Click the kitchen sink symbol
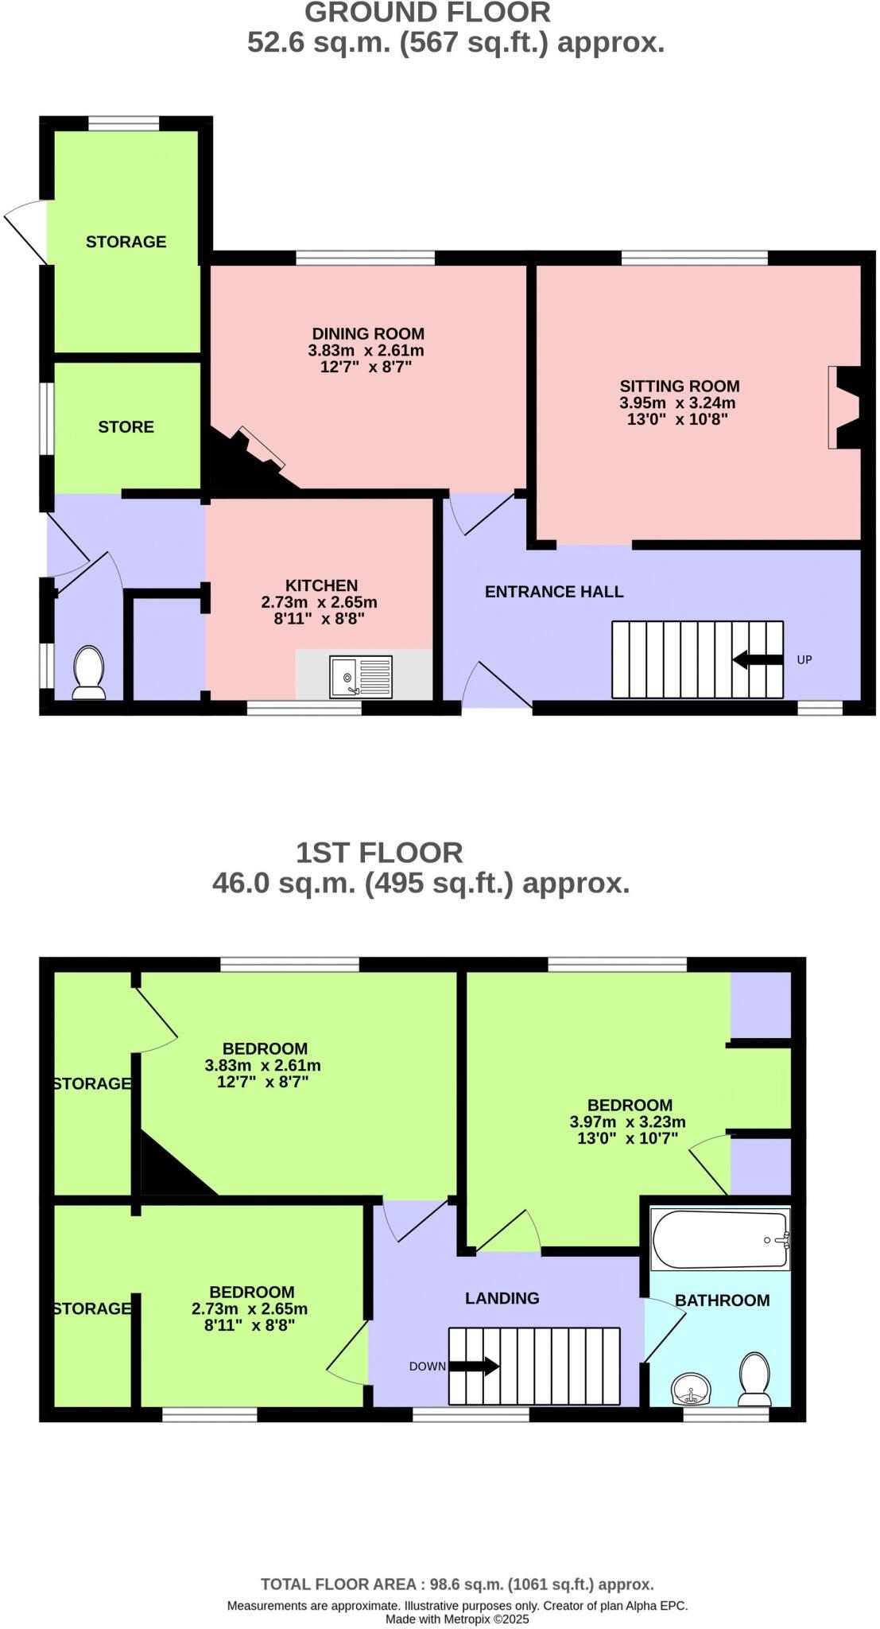361,676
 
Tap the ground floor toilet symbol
88,673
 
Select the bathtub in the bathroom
720,1239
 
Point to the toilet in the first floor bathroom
754,1382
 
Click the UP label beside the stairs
804,659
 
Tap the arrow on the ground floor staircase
758,659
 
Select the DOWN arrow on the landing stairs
475,1367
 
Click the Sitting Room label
679,386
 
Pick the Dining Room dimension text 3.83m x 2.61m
366,350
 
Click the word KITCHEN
321,585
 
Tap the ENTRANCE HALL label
554,592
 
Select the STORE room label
126,427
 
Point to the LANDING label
502,1298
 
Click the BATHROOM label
722,1300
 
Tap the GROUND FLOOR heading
427,13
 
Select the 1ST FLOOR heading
379,853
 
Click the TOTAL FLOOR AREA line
456,1584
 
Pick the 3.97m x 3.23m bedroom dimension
627,1122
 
